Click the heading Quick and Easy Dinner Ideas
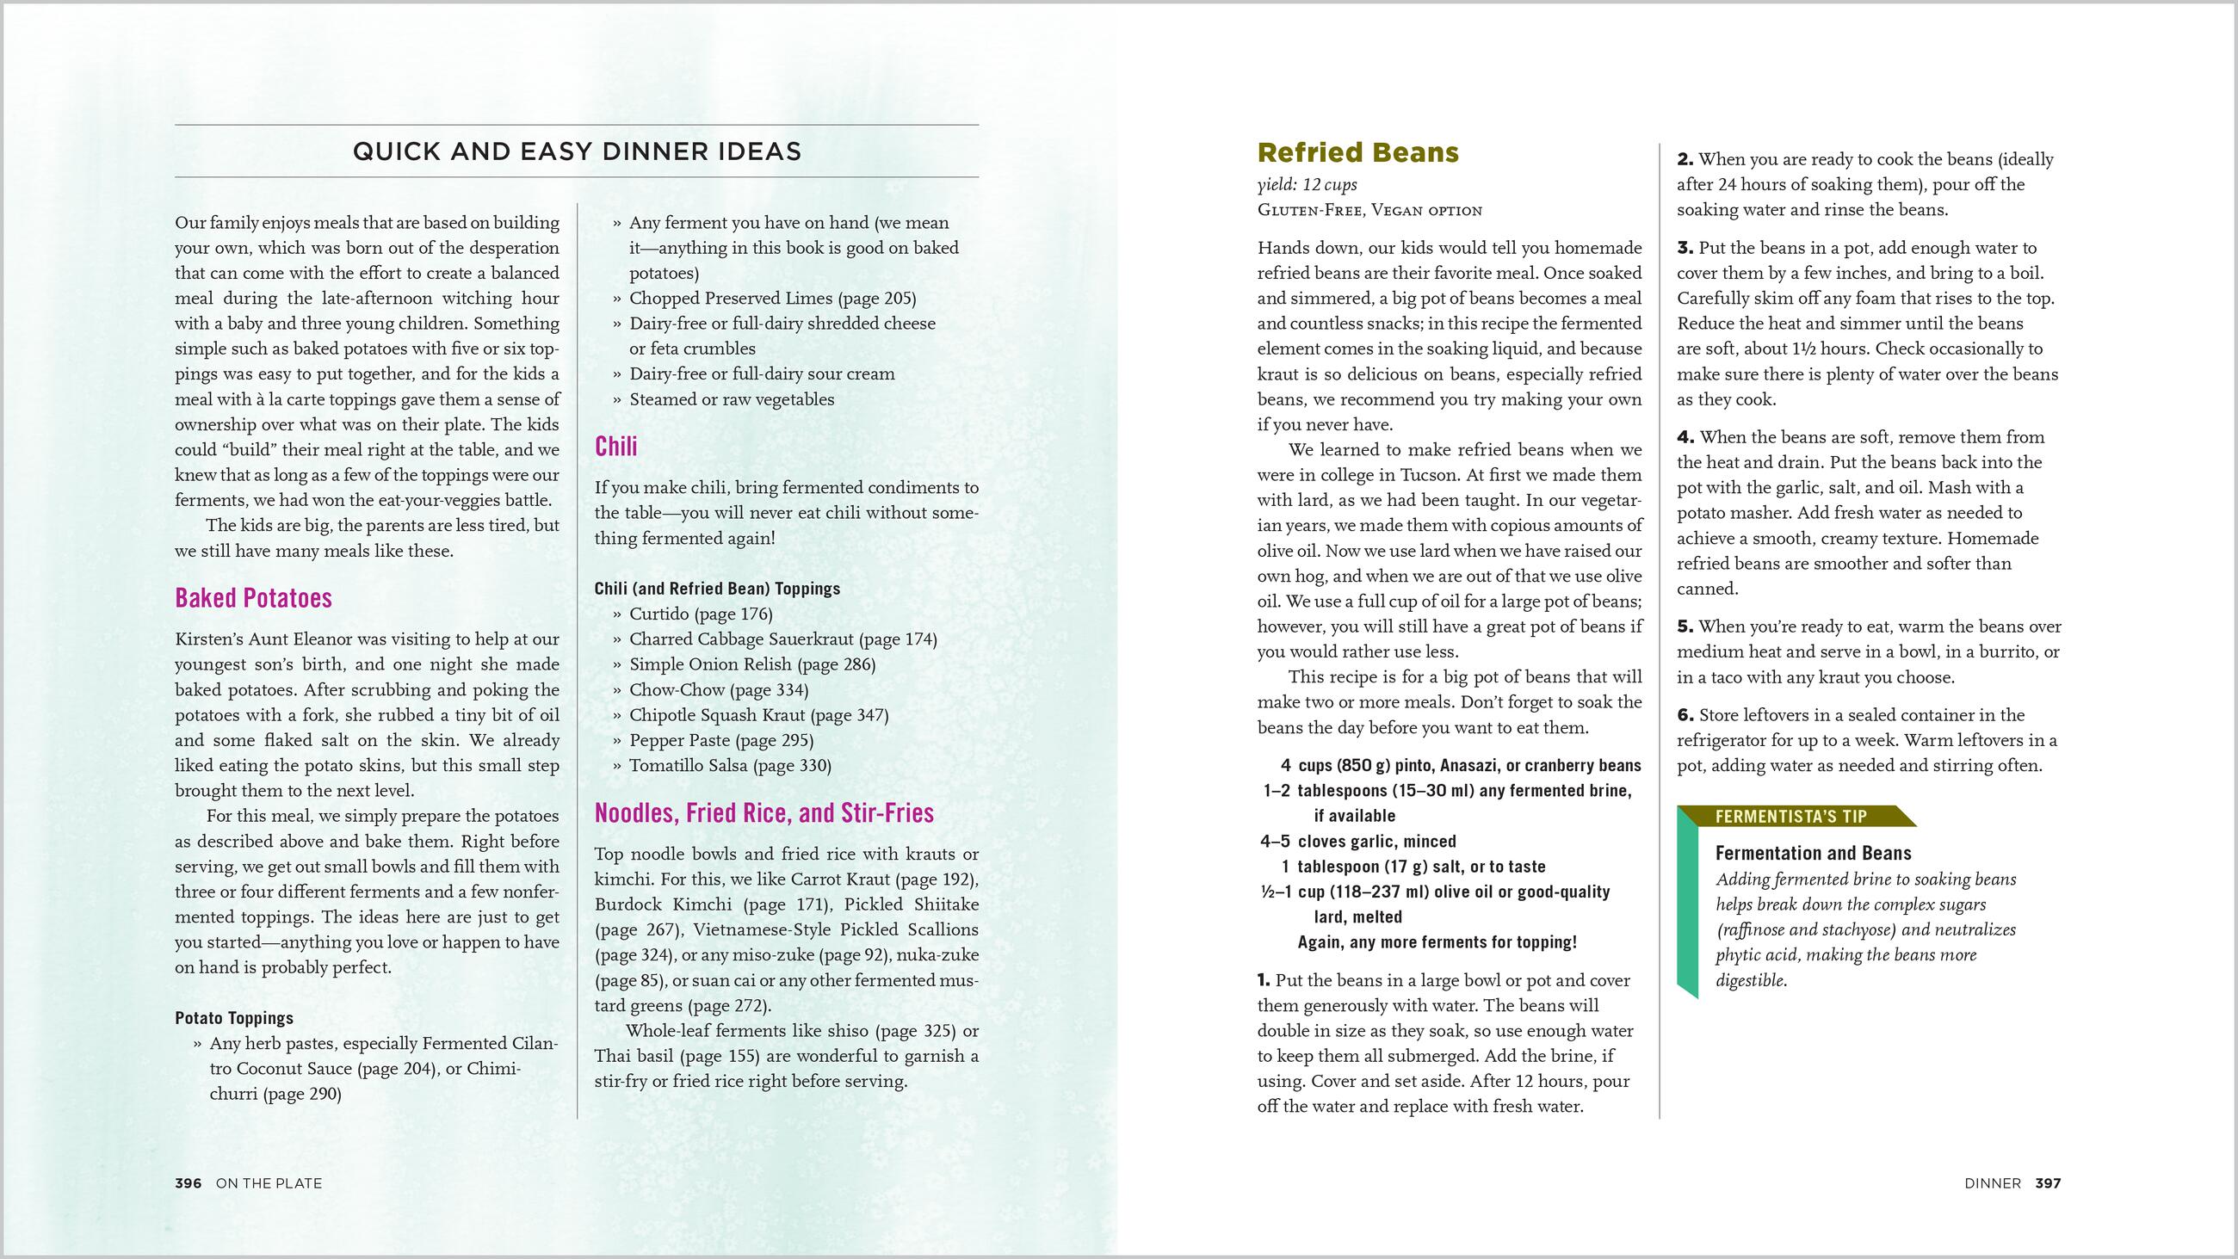click(x=576, y=152)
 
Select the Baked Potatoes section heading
click(x=254, y=598)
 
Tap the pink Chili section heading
click(x=616, y=447)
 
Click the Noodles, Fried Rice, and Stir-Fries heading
click(x=764, y=812)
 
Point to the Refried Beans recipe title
click(x=1358, y=153)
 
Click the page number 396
click(x=189, y=1183)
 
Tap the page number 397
click(x=2048, y=1183)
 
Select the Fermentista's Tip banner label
click(x=1790, y=817)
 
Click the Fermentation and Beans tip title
click(x=1814, y=853)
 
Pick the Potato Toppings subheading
click(x=234, y=1017)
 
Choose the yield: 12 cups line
click(x=1307, y=185)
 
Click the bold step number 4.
click(x=1685, y=437)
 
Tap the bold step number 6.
click(x=1685, y=715)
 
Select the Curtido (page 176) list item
click(x=701, y=614)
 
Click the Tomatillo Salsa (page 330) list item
click(x=730, y=766)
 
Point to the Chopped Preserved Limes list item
click(x=772, y=298)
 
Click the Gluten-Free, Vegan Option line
click(x=1369, y=210)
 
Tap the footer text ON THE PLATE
click(x=269, y=1183)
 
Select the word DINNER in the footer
click(x=1992, y=1183)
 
